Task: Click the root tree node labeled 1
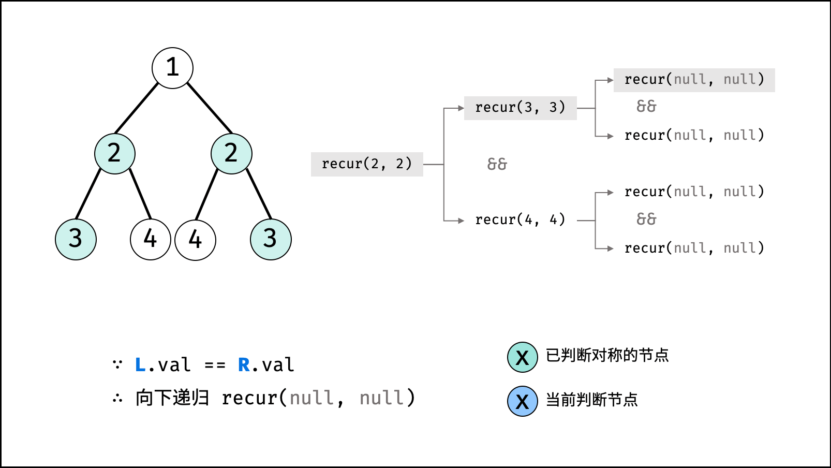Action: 172,68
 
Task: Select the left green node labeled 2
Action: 115,153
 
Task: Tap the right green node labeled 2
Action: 231,153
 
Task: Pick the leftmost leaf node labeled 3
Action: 76,239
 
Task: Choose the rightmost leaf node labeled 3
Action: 271,239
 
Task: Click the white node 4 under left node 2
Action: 150,239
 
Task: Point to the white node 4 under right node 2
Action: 195,240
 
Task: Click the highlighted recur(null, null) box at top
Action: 694,80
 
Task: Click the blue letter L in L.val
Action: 140,364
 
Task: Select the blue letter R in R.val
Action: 244,364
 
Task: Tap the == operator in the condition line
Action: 215,365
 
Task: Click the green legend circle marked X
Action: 523,357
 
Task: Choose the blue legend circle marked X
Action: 523,401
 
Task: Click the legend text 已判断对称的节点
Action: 607,355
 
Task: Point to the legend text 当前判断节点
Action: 592,400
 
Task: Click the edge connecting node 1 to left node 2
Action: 137,108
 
